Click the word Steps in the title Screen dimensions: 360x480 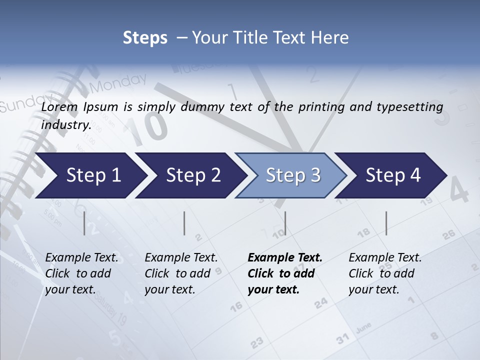tap(145, 37)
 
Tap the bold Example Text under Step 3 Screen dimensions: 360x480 tap(285, 258)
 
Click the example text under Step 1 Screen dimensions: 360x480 tap(81, 273)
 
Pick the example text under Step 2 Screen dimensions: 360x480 tap(181, 273)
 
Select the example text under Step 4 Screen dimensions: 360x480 tap(385, 273)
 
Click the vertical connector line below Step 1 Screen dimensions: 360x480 tap(84, 223)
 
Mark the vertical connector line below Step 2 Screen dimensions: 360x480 tap(184, 223)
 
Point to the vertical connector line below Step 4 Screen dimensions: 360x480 tap(386, 223)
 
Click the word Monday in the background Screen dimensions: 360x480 tap(118, 83)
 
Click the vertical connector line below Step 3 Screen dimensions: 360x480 tap(285, 223)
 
